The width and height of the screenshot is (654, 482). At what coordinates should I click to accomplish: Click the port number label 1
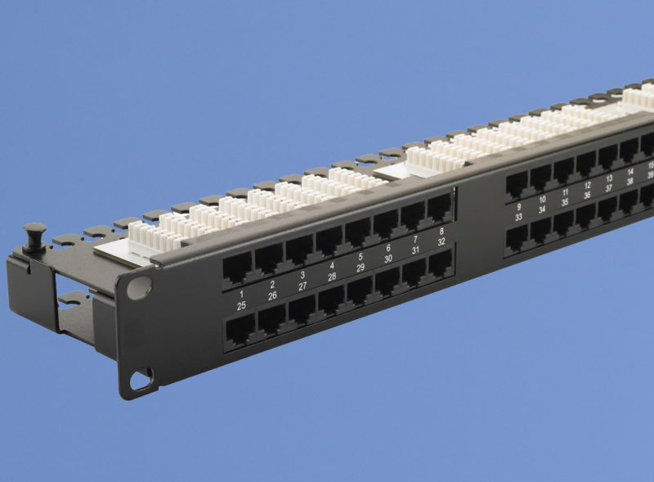click(x=241, y=293)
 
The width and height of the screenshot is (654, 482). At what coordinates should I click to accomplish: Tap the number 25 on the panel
click(x=241, y=305)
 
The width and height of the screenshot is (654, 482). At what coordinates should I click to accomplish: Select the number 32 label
click(x=441, y=242)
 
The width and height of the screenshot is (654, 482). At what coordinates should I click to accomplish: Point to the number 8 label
click(x=441, y=231)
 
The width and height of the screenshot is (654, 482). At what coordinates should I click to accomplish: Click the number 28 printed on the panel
click(x=332, y=277)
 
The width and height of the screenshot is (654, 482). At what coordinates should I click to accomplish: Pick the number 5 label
click(x=361, y=256)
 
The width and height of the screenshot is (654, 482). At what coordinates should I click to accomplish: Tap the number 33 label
click(x=519, y=218)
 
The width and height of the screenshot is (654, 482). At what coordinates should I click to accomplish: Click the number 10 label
click(x=542, y=199)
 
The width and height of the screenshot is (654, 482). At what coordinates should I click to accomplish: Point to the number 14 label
click(x=630, y=172)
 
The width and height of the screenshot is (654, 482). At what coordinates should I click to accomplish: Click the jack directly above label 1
click(x=238, y=267)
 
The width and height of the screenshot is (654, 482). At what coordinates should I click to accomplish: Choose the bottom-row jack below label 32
click(x=441, y=263)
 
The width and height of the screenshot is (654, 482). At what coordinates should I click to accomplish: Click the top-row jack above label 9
click(x=517, y=185)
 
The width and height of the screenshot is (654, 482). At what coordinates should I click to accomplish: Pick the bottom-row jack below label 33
click(x=516, y=238)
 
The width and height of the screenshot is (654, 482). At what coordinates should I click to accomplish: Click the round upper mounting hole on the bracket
click(x=140, y=287)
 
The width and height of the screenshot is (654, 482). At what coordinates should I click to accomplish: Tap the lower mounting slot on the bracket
click(x=140, y=380)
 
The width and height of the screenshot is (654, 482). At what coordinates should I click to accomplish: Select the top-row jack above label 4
click(x=329, y=240)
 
